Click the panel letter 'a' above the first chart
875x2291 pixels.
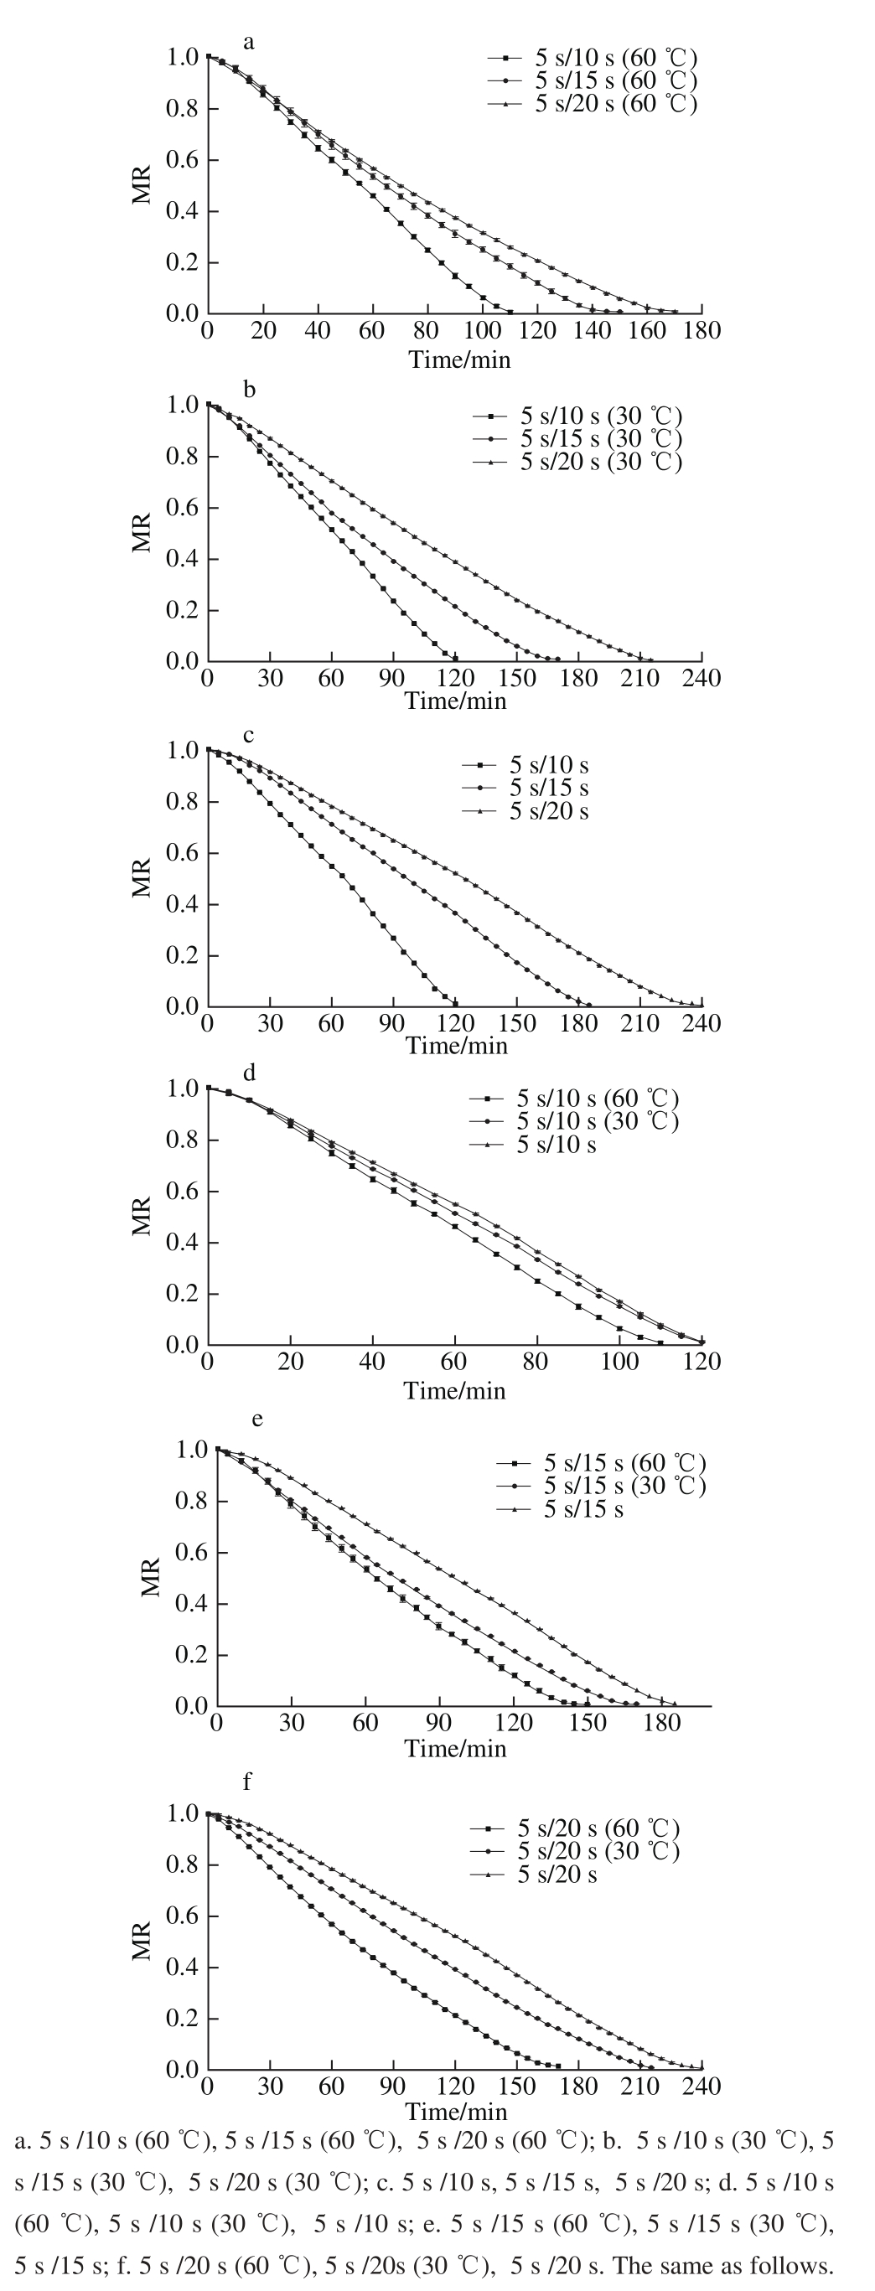click(249, 42)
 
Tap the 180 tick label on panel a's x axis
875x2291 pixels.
click(702, 332)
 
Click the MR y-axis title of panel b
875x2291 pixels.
click(142, 532)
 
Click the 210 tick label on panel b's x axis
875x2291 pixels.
click(639, 679)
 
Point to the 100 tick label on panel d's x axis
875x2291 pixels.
click(620, 1362)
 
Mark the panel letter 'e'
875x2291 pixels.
click(257, 1418)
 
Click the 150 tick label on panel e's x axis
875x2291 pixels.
click(588, 1723)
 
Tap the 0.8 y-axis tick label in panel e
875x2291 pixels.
click(190, 1502)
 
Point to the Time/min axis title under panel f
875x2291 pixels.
click(456, 2113)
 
